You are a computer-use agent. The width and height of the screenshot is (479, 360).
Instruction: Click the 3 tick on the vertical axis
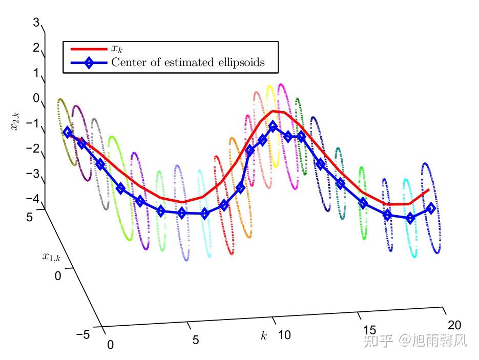point(35,23)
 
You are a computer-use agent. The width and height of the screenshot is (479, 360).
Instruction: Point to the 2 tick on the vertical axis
point(35,48)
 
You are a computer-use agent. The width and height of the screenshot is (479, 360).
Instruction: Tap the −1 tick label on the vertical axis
point(32,123)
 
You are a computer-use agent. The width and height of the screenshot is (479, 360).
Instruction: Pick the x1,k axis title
point(51,257)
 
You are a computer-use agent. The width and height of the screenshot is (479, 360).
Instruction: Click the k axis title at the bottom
point(264,336)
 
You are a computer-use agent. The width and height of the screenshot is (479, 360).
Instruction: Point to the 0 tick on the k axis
point(110,345)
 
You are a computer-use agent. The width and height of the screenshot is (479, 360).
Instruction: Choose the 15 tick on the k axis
point(370,329)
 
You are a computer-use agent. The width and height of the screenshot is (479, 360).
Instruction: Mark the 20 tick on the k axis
point(454,325)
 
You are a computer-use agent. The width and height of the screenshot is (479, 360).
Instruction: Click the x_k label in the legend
point(117,49)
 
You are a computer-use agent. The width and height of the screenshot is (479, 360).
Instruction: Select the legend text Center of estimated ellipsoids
point(188,63)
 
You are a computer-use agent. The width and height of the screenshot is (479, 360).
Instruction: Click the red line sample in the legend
point(89,49)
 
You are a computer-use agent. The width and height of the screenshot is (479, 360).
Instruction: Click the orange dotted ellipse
point(241,187)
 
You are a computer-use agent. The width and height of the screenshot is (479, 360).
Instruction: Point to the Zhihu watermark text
point(414,340)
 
